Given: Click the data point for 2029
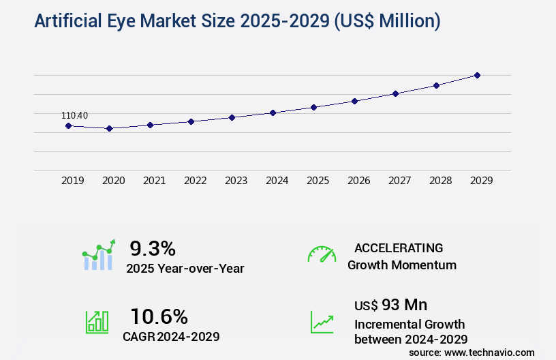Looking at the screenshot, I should point(477,75).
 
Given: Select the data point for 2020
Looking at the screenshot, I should point(109,128).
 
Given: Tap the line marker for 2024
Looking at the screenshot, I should point(273,112).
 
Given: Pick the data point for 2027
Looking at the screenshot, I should point(395,93).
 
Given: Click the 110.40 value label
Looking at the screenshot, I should point(74,115).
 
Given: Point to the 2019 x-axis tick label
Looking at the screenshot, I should point(73,181).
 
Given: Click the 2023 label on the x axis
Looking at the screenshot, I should point(236,181).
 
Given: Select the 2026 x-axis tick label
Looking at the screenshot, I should point(359,181).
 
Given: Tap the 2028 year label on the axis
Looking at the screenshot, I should point(441,181).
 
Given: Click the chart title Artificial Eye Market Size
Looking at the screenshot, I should point(237,22).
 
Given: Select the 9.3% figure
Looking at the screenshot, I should point(153,248).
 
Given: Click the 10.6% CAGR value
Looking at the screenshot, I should point(159,316).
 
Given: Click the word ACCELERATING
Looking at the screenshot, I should point(399,248).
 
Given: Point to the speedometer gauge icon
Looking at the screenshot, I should point(322,254).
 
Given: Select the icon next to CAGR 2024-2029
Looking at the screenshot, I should point(97,322).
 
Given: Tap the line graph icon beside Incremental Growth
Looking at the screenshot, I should point(322,322).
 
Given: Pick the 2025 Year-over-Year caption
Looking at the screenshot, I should point(185,269).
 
